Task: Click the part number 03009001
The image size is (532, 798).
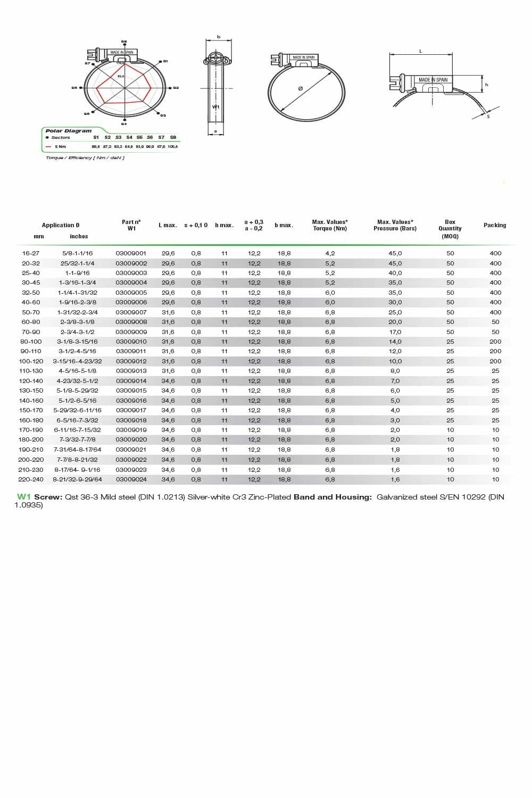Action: click(131, 253)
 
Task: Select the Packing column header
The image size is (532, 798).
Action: click(495, 225)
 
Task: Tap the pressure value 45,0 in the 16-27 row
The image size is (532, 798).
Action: click(395, 253)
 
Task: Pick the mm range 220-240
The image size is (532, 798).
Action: click(31, 479)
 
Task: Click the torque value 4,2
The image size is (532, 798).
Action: click(330, 253)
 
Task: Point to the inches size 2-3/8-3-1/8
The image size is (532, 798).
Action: click(78, 322)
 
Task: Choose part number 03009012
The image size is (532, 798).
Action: click(131, 361)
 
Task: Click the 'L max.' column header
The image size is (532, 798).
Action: click(168, 225)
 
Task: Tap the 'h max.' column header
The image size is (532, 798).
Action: click(224, 225)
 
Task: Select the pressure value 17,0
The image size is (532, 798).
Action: click(395, 332)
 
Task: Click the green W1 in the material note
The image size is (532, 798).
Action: click(24, 497)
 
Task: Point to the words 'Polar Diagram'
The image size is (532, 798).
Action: click(68, 131)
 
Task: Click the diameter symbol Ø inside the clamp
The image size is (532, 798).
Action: click(301, 88)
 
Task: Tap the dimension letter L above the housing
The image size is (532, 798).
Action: click(421, 51)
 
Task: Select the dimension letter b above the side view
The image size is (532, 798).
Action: click(219, 37)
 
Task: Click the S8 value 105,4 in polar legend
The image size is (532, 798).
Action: click(173, 146)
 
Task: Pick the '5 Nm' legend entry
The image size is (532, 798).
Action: click(60, 146)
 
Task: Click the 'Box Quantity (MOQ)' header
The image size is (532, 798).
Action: click(450, 229)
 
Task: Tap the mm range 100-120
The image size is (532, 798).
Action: click(31, 361)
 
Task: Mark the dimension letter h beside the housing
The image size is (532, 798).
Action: click(486, 85)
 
